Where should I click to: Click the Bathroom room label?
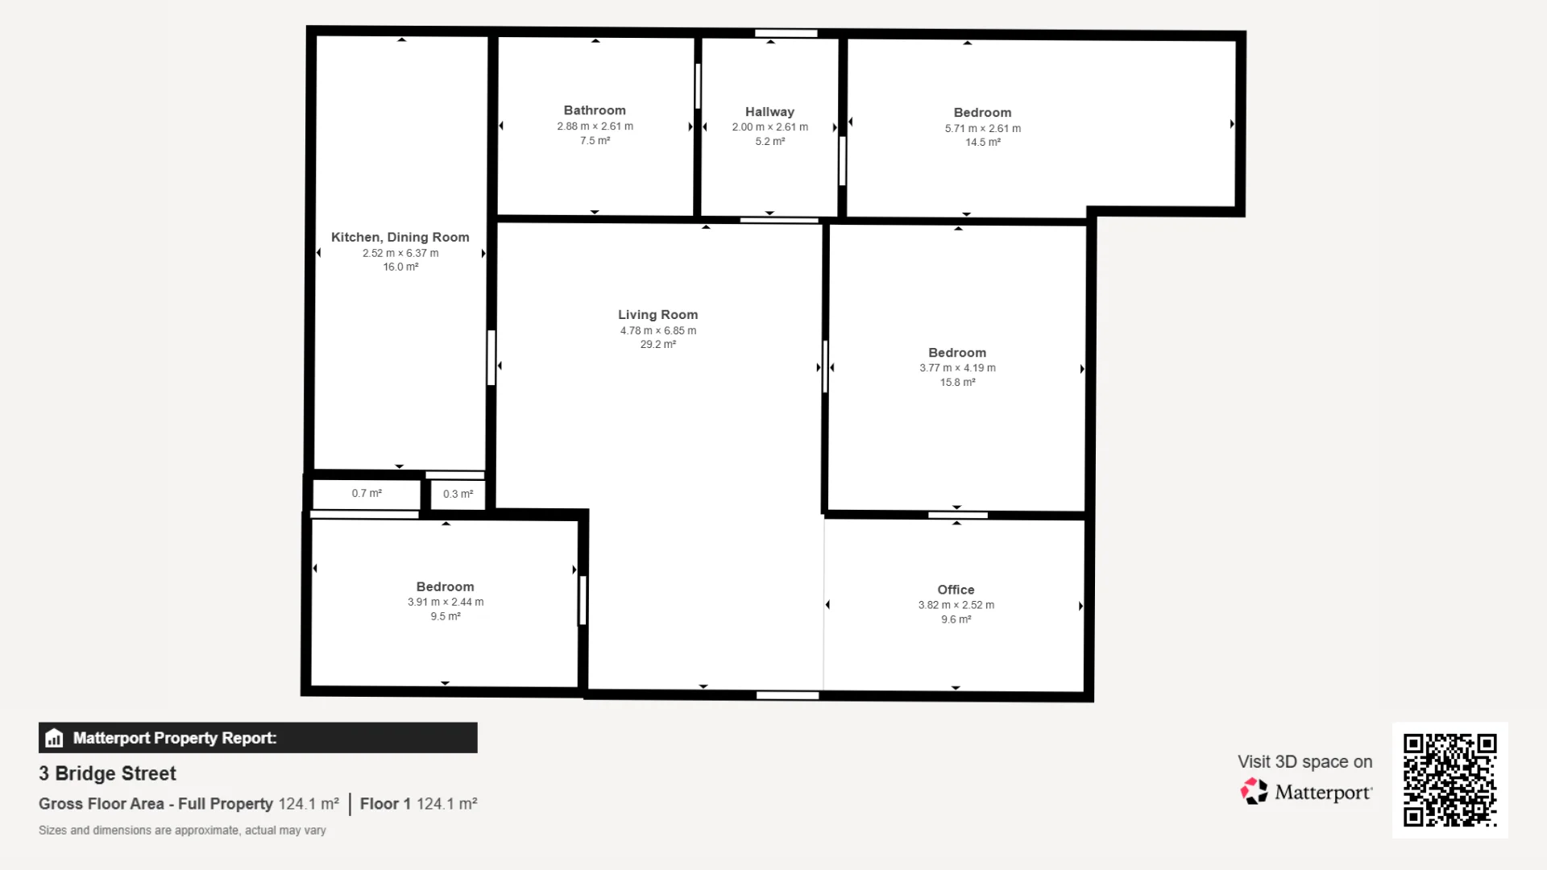tap(595, 110)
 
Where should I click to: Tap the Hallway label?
tap(769, 112)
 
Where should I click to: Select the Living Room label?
tap(657, 315)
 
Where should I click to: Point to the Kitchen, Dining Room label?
tap(400, 238)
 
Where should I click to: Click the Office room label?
tap(956, 590)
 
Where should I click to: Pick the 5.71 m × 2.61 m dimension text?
tap(982, 128)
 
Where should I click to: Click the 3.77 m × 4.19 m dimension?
tap(957, 368)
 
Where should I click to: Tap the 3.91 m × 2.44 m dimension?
tap(446, 602)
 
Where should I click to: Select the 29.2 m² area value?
tap(657, 345)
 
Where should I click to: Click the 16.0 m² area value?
tap(400, 267)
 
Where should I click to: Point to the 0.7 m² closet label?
tap(367, 493)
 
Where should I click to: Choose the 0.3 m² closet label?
tap(458, 494)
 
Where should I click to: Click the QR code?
tap(1450, 780)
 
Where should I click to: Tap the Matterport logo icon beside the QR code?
tap(1254, 791)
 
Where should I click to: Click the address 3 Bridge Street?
tap(107, 773)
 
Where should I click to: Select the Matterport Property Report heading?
tap(175, 738)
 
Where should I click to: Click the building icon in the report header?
tap(54, 738)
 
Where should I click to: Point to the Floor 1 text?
tap(385, 804)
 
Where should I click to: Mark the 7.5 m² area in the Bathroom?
tap(595, 141)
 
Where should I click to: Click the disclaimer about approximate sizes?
tap(182, 831)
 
